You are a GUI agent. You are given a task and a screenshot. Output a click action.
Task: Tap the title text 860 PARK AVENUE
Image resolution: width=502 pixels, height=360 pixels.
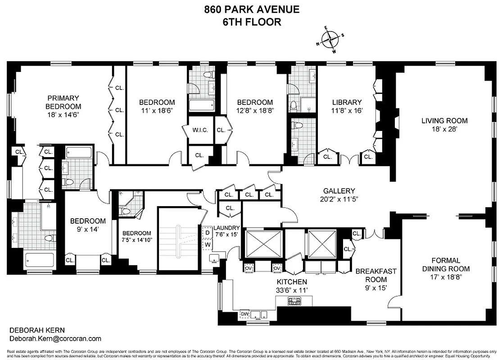pyautogui.click(x=252, y=9)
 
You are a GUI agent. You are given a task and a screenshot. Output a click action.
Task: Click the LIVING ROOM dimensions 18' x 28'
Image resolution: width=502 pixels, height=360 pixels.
pyautogui.click(x=444, y=129)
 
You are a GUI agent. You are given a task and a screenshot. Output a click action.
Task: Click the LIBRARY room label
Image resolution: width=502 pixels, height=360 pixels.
pyautogui.click(x=347, y=102)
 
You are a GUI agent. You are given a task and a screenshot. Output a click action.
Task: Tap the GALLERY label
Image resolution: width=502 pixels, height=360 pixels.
pyautogui.click(x=339, y=191)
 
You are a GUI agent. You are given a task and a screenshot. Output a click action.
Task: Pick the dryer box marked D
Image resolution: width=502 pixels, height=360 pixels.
pyautogui.click(x=207, y=233)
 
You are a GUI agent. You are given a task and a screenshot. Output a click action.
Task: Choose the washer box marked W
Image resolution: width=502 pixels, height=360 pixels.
pyautogui.click(x=207, y=244)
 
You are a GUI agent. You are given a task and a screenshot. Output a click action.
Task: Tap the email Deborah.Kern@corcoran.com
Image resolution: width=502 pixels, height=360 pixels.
pyautogui.click(x=55, y=339)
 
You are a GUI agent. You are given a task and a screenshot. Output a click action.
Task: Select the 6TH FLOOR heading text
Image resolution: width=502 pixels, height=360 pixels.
pyautogui.click(x=252, y=22)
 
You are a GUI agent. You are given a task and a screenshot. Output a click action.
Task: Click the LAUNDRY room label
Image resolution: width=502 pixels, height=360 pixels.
pyautogui.click(x=226, y=228)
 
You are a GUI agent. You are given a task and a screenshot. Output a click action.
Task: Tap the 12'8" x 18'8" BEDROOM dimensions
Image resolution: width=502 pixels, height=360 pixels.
pyautogui.click(x=255, y=110)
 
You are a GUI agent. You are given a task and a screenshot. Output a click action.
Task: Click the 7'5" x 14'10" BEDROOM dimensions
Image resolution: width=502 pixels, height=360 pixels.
pyautogui.click(x=137, y=240)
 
